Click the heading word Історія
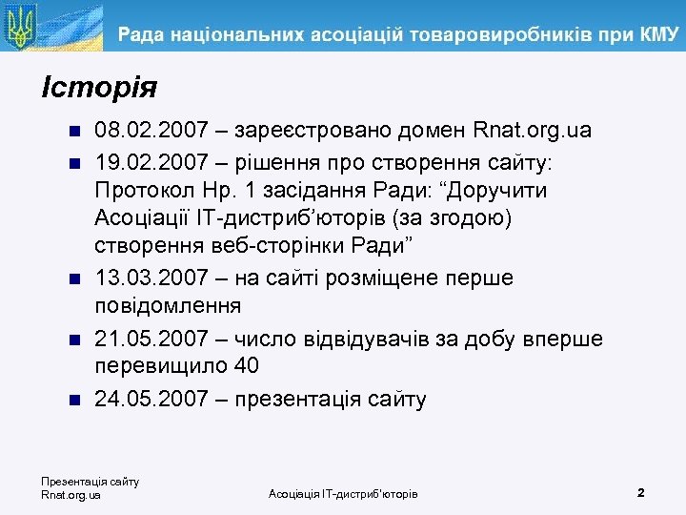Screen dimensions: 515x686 tap(99, 89)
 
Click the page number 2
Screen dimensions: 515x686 tap(641, 493)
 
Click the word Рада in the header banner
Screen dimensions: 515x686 tap(144, 36)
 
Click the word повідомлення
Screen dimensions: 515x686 tap(168, 308)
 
